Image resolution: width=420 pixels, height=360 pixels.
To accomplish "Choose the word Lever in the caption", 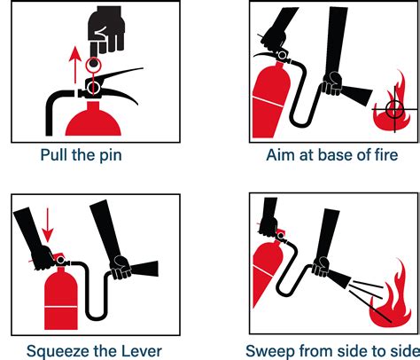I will tap(139, 348).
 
